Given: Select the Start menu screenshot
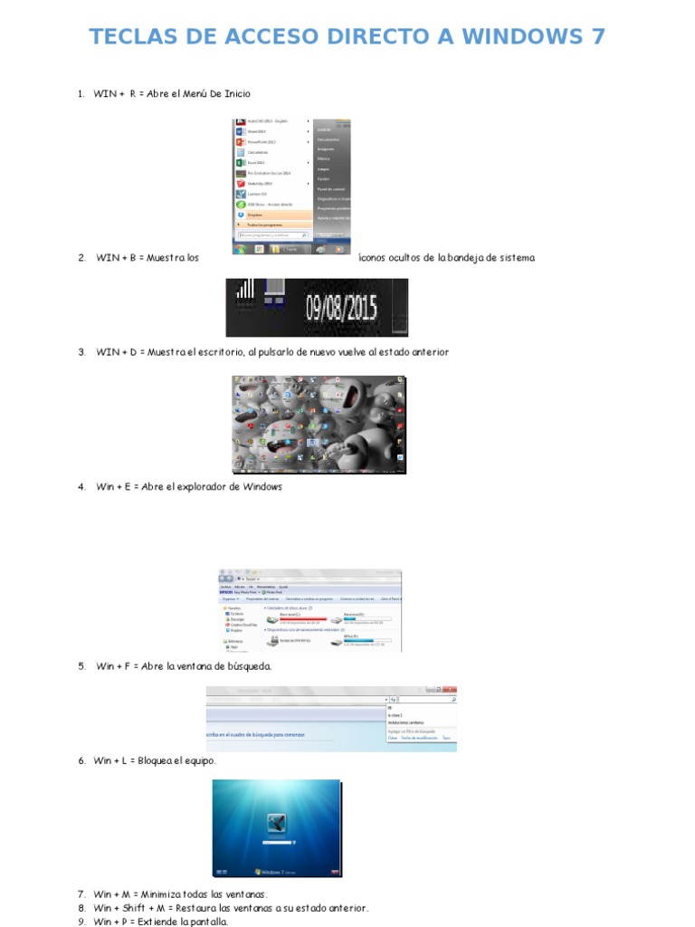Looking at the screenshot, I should point(292,186).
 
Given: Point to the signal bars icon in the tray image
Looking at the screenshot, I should point(245,290).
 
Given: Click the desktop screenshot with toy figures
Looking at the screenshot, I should point(319,425).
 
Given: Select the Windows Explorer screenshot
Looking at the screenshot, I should point(310,610).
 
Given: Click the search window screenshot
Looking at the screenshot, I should point(331,718).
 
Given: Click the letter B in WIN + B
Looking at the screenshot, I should point(132,258).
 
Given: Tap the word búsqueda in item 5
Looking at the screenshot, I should point(248,666).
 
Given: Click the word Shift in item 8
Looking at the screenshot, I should point(136,908).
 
